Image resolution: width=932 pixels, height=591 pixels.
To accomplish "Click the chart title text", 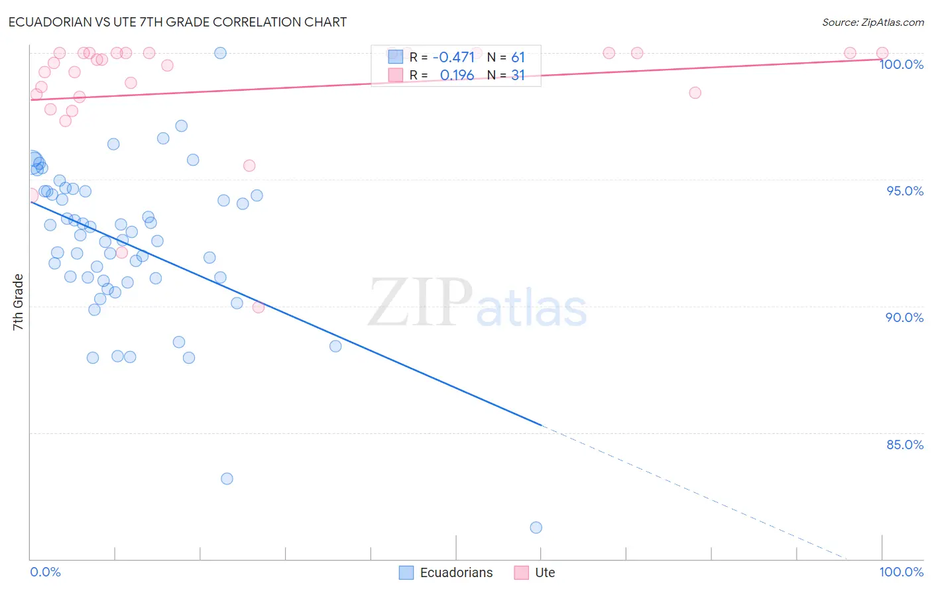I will pos(178,22).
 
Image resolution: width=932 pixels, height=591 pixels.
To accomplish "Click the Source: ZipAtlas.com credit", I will pos(872,23).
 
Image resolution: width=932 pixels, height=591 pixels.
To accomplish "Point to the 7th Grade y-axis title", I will pos(18,302).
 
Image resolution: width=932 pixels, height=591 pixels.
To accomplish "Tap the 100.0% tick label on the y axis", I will pos(901,64).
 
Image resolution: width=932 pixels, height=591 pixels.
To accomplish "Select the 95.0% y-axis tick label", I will pos(904,191).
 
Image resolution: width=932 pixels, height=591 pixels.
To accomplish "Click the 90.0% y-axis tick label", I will pos(904,317).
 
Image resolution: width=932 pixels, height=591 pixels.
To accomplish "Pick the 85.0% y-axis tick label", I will pos(904,445).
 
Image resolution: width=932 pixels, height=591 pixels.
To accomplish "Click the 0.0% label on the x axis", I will pos(45,572).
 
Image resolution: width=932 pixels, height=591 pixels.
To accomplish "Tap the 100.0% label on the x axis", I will pos(901,572).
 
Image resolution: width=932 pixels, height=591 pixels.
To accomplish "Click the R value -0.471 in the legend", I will pos(453,57).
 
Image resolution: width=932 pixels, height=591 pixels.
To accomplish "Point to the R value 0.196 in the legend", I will pos(457,76).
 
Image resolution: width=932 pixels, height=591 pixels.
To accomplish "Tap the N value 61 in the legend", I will pos(518,57).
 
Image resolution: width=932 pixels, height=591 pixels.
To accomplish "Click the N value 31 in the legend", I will pos(518,76).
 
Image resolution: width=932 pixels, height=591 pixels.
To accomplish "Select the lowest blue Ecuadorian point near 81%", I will pos(536,527).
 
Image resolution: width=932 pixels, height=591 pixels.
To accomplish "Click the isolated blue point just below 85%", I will pos(227,478).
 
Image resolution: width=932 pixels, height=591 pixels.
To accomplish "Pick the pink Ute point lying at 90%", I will pos(259,307).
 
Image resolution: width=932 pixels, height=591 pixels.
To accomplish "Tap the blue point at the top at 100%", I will pos(220,53).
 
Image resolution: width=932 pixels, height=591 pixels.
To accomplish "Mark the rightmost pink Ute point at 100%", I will pos(882,53).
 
